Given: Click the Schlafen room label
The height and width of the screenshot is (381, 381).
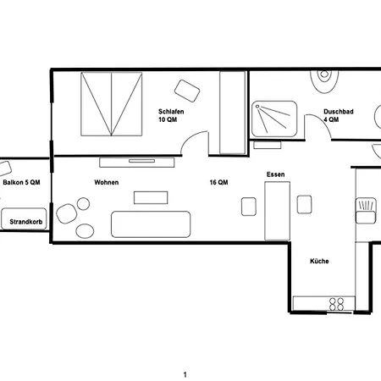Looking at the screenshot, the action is pos(171,112).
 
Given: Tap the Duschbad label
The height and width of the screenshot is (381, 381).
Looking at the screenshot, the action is pos(339,112).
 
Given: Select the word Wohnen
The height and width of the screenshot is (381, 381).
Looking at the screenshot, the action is pos(107,182).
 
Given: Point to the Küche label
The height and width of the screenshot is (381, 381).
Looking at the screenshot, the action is pos(319,261).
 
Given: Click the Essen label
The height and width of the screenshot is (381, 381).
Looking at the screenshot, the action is pos(276,174).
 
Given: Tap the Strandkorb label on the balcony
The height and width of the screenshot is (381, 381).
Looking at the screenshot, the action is pos(26,222).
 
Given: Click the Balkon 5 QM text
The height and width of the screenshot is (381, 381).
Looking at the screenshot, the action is pos(21,182).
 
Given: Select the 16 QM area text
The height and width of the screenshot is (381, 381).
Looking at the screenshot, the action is pos(218,182).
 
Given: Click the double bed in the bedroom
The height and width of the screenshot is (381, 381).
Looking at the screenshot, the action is pos(112,104).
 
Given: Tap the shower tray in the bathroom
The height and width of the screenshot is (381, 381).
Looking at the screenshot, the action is pos(274,119).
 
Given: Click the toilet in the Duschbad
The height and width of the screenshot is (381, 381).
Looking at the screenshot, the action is pos(324,81).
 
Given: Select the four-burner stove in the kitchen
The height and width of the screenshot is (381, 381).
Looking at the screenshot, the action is pos(337,304).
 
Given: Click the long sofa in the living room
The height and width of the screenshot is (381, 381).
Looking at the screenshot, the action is pos(151,224).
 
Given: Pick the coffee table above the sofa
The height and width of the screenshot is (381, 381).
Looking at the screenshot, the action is pos(151,197).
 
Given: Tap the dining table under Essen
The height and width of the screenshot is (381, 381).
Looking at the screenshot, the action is pos(278,211).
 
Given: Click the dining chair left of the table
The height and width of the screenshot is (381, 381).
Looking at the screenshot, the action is pos(249,207).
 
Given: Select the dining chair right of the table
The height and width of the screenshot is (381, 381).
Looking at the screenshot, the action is pos(305,204).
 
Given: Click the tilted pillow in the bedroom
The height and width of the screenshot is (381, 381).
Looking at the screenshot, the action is pos(187,91).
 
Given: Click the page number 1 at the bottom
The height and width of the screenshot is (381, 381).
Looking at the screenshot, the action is pos(185,375).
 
